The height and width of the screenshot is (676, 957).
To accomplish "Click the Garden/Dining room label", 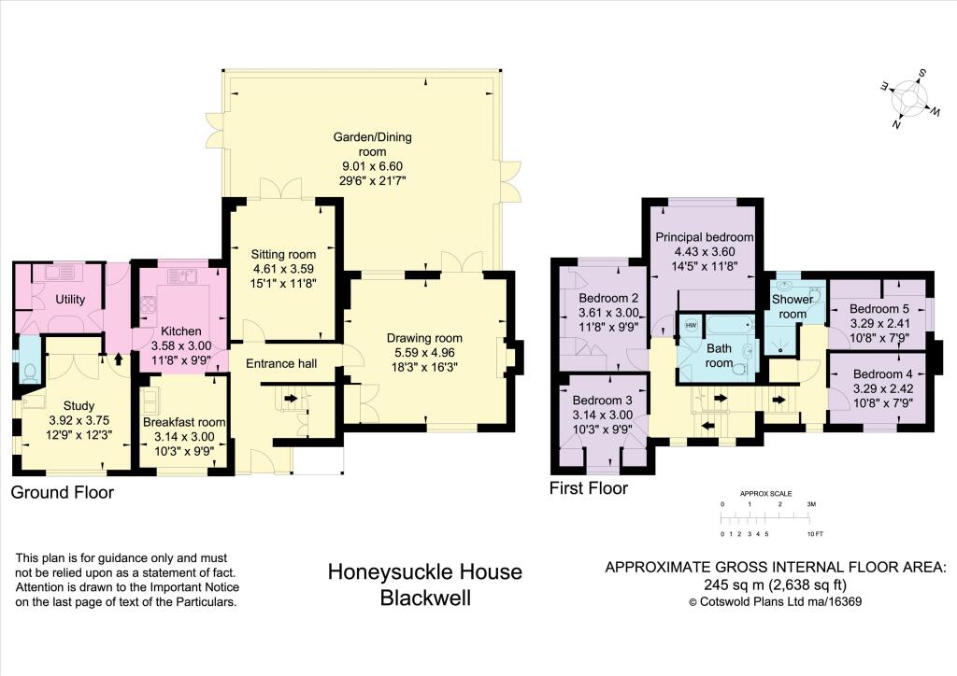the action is [372, 144].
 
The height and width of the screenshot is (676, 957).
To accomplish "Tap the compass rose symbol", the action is [909, 98].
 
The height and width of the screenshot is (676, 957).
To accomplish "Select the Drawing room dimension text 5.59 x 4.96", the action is [424, 352].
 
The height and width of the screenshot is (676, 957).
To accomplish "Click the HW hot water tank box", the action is [691, 325].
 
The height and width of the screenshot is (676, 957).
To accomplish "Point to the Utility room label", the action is [70, 300].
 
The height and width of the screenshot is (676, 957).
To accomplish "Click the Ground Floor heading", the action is [63, 492].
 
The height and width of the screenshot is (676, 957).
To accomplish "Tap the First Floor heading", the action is [589, 488].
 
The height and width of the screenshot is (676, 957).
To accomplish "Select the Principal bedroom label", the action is [705, 236].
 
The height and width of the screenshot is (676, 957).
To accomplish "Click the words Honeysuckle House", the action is [425, 571].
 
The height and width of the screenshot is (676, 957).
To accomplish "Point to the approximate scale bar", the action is [765, 519].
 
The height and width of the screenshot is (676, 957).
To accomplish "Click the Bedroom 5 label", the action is [878, 308].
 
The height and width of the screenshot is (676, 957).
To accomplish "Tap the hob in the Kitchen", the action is [149, 304].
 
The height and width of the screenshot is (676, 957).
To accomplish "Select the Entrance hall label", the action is [281, 363].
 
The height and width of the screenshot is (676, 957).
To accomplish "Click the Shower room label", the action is [793, 306].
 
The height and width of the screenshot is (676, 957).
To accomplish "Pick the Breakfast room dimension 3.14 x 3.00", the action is [184, 436].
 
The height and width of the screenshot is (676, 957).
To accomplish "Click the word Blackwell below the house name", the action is [425, 598].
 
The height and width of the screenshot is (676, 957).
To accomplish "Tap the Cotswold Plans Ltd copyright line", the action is [775, 601].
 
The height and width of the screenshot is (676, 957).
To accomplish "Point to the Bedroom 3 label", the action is [603, 401].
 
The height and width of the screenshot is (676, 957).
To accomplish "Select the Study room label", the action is [79, 405].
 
